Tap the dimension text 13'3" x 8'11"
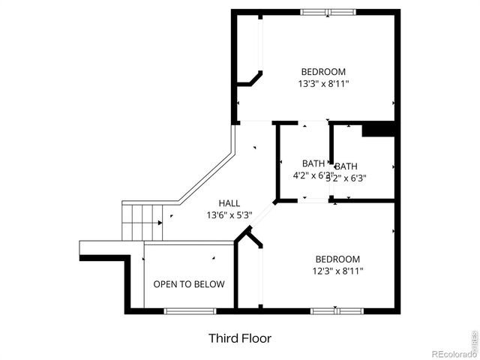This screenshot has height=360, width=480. tap(323, 84)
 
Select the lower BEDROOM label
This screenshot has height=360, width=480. tap(337, 259)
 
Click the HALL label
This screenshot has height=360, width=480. tap(229, 203)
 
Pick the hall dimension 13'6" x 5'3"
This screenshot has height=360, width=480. tap(229, 215)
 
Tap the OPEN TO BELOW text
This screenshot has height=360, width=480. tap(189, 284)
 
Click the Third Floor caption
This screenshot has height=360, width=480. tap(239, 338)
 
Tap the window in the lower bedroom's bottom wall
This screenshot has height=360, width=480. tap(337, 310)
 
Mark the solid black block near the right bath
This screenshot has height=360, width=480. tap(378, 130)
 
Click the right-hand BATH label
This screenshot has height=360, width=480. tap(346, 166)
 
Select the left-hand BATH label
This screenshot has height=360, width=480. tap(313, 163)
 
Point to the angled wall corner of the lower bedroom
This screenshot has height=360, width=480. tap(248, 240)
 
